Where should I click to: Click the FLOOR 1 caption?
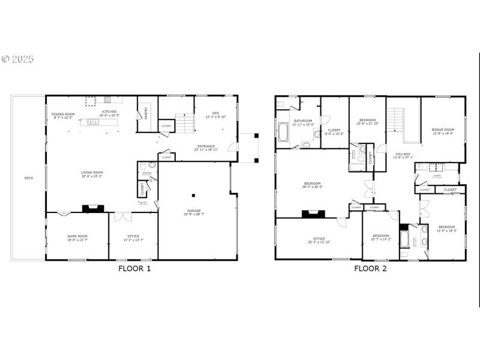[134, 268]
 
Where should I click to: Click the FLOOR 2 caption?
[370, 268]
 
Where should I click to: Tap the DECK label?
[29, 178]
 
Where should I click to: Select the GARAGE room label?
[194, 211]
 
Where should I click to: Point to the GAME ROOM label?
[77, 236]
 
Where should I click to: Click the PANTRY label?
[145, 113]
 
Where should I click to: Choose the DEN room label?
[215, 114]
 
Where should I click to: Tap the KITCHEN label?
[109, 112]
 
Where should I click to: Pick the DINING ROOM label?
[63, 114]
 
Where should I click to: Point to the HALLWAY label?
[403, 154]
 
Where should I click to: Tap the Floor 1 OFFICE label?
[133, 236]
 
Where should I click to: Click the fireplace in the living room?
[93, 208]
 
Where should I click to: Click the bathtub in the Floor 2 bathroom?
[283, 131]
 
